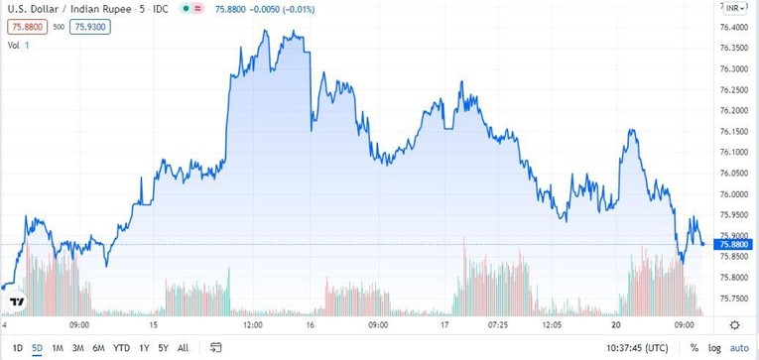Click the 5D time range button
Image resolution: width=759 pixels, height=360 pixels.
click(x=37, y=348)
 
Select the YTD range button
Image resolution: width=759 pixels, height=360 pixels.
click(x=122, y=348)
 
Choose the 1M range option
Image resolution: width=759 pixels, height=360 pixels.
click(x=58, y=348)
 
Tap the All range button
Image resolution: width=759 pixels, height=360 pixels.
click(x=183, y=348)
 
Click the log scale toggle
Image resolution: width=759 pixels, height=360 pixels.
click(x=714, y=348)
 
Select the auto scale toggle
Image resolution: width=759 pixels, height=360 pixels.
click(x=739, y=348)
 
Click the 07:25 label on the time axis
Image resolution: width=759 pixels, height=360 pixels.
click(x=497, y=324)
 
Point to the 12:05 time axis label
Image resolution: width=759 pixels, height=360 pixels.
click(x=552, y=324)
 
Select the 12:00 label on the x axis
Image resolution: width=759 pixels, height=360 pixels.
click(x=253, y=324)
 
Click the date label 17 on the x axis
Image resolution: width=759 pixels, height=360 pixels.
click(x=445, y=324)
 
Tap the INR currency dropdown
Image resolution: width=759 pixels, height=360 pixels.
click(x=735, y=8)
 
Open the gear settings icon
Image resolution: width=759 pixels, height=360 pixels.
click(x=735, y=324)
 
